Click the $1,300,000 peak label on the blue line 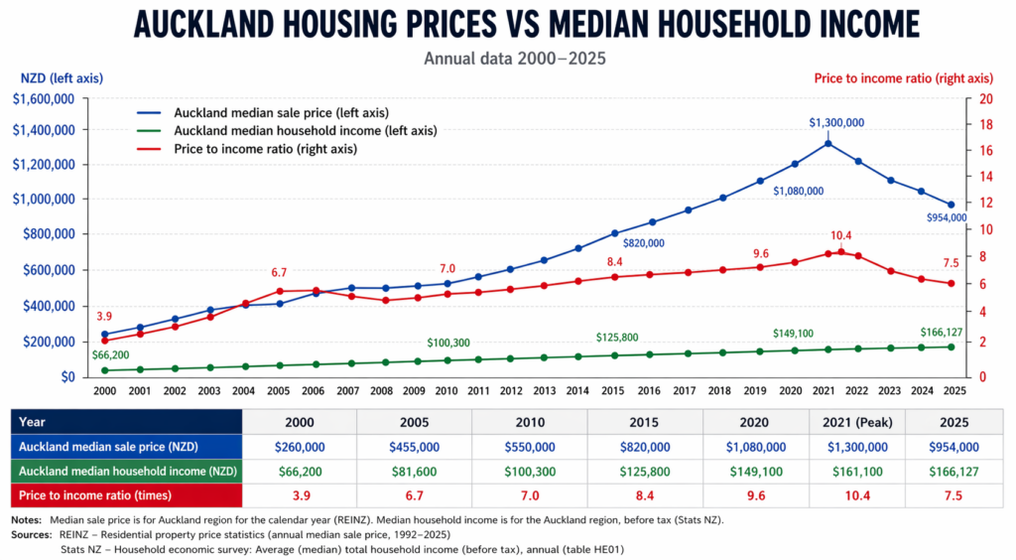(836, 122)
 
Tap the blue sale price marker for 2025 (952, 205)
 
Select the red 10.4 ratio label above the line (841, 235)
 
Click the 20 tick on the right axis (985, 99)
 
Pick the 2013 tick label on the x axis (544, 391)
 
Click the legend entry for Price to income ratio (265, 149)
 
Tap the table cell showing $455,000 (414, 447)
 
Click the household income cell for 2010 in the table (529, 472)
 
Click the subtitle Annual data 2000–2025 (514, 58)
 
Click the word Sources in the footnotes (31, 534)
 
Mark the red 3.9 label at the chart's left (104, 316)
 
